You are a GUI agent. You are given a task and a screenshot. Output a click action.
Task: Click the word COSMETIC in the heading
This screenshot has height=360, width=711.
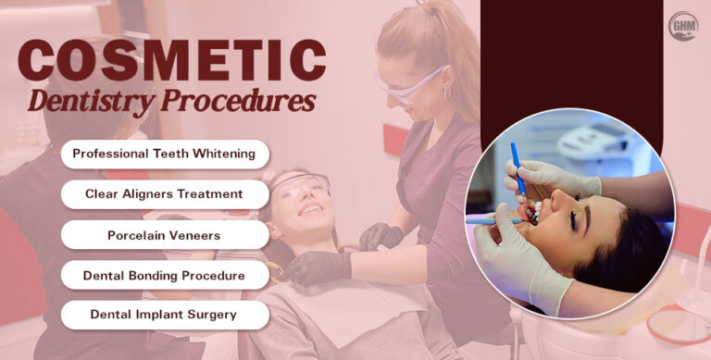click(x=171, y=62)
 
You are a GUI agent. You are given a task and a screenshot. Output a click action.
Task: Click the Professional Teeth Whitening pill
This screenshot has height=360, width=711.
click(x=164, y=154)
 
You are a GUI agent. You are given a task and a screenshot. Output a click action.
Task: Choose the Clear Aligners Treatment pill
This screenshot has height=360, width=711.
click(x=164, y=194)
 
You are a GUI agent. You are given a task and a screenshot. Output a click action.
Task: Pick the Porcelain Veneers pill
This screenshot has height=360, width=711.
click(x=164, y=235)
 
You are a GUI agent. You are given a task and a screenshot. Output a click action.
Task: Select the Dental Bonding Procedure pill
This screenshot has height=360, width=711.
click(x=164, y=276)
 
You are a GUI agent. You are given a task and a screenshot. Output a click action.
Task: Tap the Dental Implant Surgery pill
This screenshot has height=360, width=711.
click(x=164, y=315)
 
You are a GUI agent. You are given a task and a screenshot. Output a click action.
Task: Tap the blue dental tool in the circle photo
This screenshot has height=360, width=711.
click(x=518, y=171)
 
